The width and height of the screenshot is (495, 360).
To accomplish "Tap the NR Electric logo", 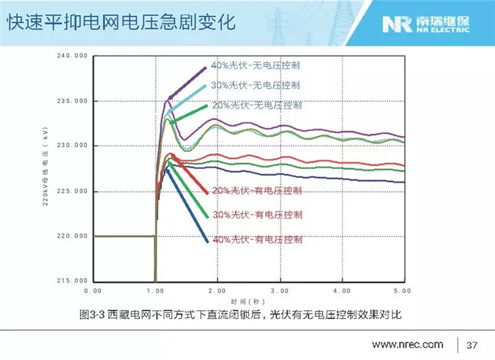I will [x=432, y=23].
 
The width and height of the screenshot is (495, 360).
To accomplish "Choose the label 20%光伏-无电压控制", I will [x=256, y=104].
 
